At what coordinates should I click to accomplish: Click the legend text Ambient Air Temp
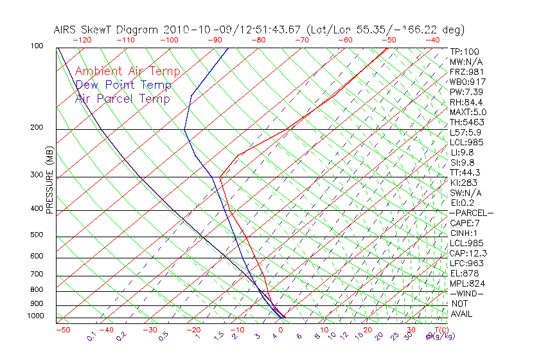pyautogui.click(x=127, y=71)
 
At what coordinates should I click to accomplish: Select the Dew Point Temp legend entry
pyautogui.click(x=123, y=85)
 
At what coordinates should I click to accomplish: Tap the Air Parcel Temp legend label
pyautogui.click(x=122, y=98)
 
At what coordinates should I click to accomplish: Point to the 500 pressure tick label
pyautogui.click(x=37, y=235)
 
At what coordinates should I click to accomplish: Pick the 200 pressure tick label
pyautogui.click(x=37, y=128)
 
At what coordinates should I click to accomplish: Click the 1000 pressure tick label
pyautogui.click(x=35, y=316)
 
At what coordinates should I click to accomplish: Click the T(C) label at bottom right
pyautogui.click(x=435, y=330)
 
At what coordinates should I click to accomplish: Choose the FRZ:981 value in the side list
pyautogui.click(x=466, y=72)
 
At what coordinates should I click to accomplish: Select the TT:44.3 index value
pyautogui.click(x=465, y=172)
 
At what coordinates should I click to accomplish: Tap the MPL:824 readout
pyautogui.click(x=466, y=283)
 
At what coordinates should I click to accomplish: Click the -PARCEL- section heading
pyautogui.click(x=471, y=213)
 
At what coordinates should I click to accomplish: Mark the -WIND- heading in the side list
pyautogui.click(x=467, y=293)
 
